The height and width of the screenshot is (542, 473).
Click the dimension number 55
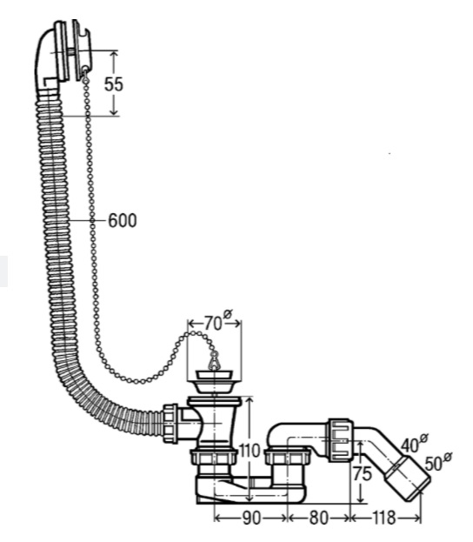[x=114, y=84]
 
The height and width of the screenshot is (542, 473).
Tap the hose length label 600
[x=123, y=220]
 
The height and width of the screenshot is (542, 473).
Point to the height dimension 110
[x=249, y=451]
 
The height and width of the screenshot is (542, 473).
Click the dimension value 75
[x=362, y=473]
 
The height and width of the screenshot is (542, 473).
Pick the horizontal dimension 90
[x=251, y=519]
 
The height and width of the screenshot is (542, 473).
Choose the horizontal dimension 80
[x=318, y=519]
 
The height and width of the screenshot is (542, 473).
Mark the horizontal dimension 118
[x=383, y=519]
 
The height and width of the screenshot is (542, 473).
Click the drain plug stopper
[x=215, y=380]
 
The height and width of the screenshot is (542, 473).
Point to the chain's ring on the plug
[x=214, y=360]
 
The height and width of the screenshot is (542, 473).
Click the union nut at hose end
[x=170, y=423]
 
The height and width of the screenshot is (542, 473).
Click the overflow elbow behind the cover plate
[x=47, y=57]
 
